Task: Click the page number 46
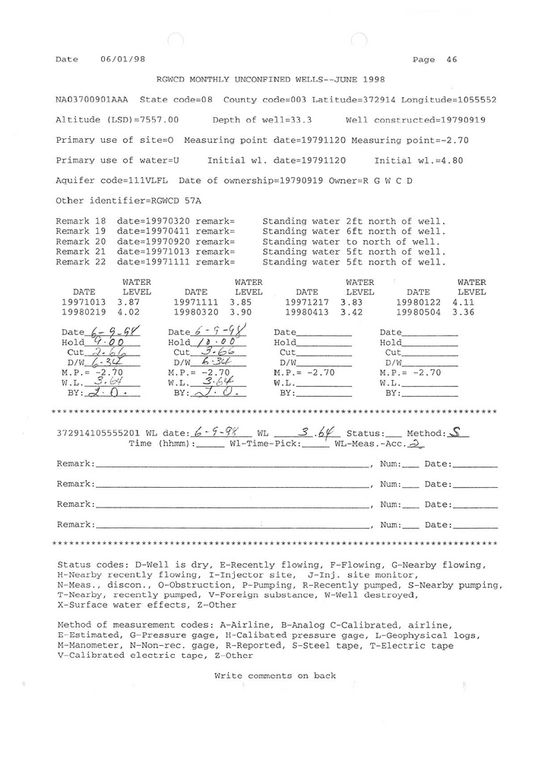click(452, 59)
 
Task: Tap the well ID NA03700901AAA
click(92, 100)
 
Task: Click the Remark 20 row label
click(81, 242)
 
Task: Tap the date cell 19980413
click(306, 312)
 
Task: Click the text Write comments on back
click(275, 675)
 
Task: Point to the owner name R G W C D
click(388, 181)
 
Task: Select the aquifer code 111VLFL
click(155, 181)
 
